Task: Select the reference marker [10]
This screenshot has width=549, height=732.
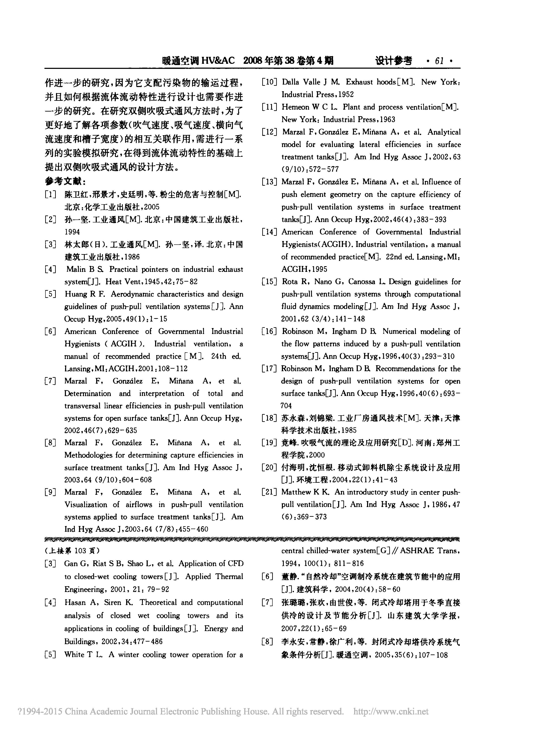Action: tap(269, 82)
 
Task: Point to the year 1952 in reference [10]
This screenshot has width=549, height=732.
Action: tap(346, 95)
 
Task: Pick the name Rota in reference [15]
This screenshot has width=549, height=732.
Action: tap(289, 282)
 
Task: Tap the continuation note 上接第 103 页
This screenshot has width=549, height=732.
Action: tap(72, 551)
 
